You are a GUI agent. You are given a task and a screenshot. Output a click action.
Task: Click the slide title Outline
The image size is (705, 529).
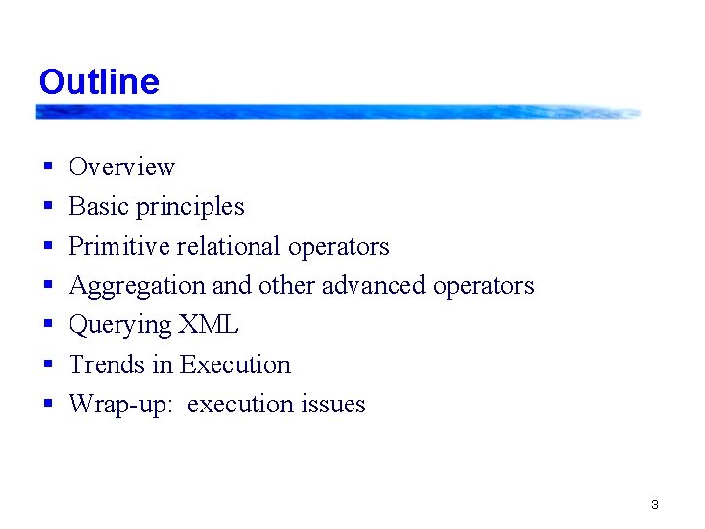click(x=99, y=81)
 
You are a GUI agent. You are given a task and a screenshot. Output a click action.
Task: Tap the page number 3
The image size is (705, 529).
click(x=654, y=505)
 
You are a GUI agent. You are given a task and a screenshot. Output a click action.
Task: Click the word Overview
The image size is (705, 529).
click(x=121, y=168)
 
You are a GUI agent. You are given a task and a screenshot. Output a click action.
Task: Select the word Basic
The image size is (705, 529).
click(x=99, y=207)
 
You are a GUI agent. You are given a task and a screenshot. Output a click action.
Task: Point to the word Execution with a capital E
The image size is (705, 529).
click(x=235, y=364)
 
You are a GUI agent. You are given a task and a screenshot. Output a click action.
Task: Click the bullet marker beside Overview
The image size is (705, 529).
click(x=47, y=168)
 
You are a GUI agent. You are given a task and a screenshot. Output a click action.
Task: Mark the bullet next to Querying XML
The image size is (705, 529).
click(x=47, y=326)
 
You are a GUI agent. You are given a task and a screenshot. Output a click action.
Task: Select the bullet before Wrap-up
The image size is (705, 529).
click(x=47, y=405)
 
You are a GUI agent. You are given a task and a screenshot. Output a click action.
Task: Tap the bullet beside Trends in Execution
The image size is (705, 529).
click(x=47, y=365)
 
